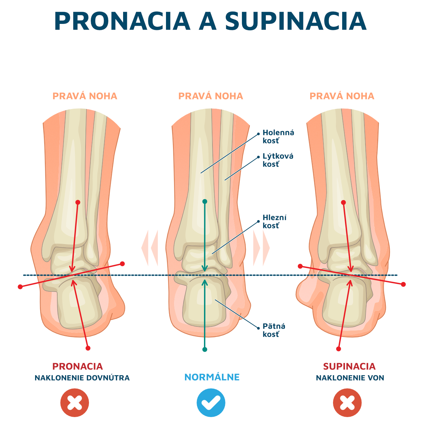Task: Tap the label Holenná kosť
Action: [x=278, y=137]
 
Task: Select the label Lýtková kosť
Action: [x=278, y=160]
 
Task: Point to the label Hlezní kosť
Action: [x=274, y=222]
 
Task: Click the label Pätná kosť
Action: [x=274, y=330]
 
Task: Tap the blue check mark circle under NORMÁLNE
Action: [x=211, y=403]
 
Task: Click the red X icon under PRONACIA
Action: [x=75, y=403]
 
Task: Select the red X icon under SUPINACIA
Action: [x=347, y=403]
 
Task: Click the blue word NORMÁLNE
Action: [x=212, y=377]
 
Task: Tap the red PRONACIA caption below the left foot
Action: [x=77, y=366]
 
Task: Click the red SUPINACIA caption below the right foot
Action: [x=349, y=366]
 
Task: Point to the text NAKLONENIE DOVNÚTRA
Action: [x=82, y=378]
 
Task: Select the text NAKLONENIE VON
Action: [x=350, y=378]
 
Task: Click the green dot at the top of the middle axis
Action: [x=205, y=202]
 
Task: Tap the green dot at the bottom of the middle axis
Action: [x=205, y=349]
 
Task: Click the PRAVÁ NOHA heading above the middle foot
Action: [x=211, y=96]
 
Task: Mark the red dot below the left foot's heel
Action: [x=88, y=348]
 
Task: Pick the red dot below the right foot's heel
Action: [x=339, y=349]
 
